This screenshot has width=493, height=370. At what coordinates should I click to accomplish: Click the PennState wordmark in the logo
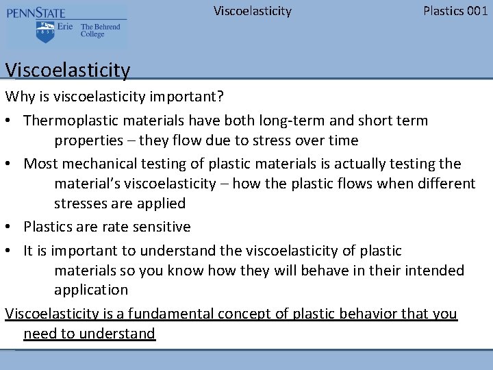(38, 12)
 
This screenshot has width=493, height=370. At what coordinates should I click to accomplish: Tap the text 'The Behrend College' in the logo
(100, 31)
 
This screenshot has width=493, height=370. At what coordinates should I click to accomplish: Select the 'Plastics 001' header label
(455, 11)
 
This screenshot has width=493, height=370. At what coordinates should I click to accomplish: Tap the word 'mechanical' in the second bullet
(92, 164)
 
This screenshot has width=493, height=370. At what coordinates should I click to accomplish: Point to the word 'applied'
(162, 203)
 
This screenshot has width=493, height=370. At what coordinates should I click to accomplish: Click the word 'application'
(91, 290)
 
